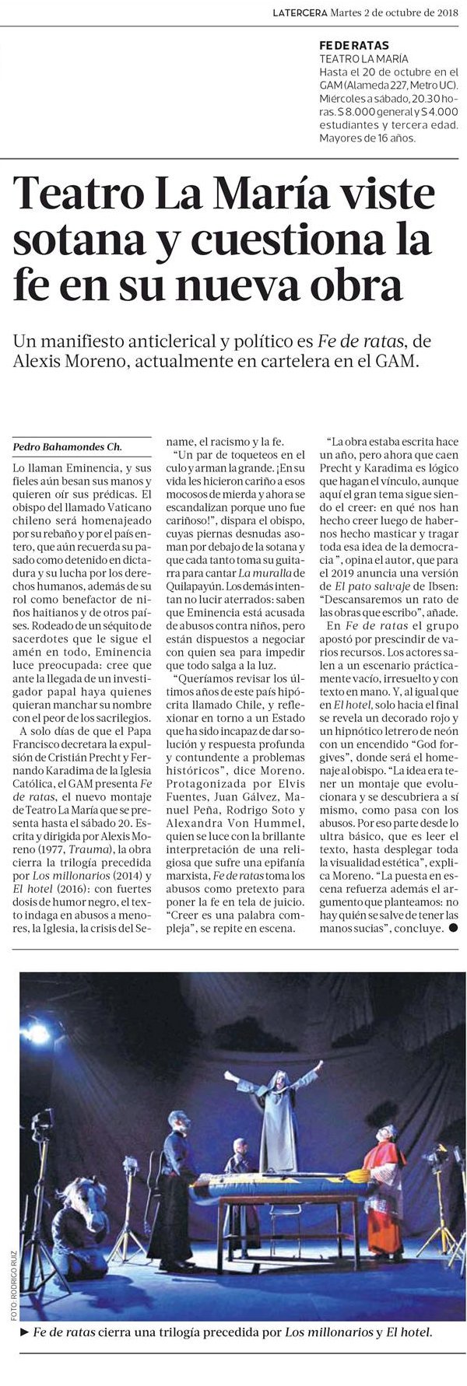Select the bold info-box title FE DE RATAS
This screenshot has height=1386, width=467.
tap(354, 45)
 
